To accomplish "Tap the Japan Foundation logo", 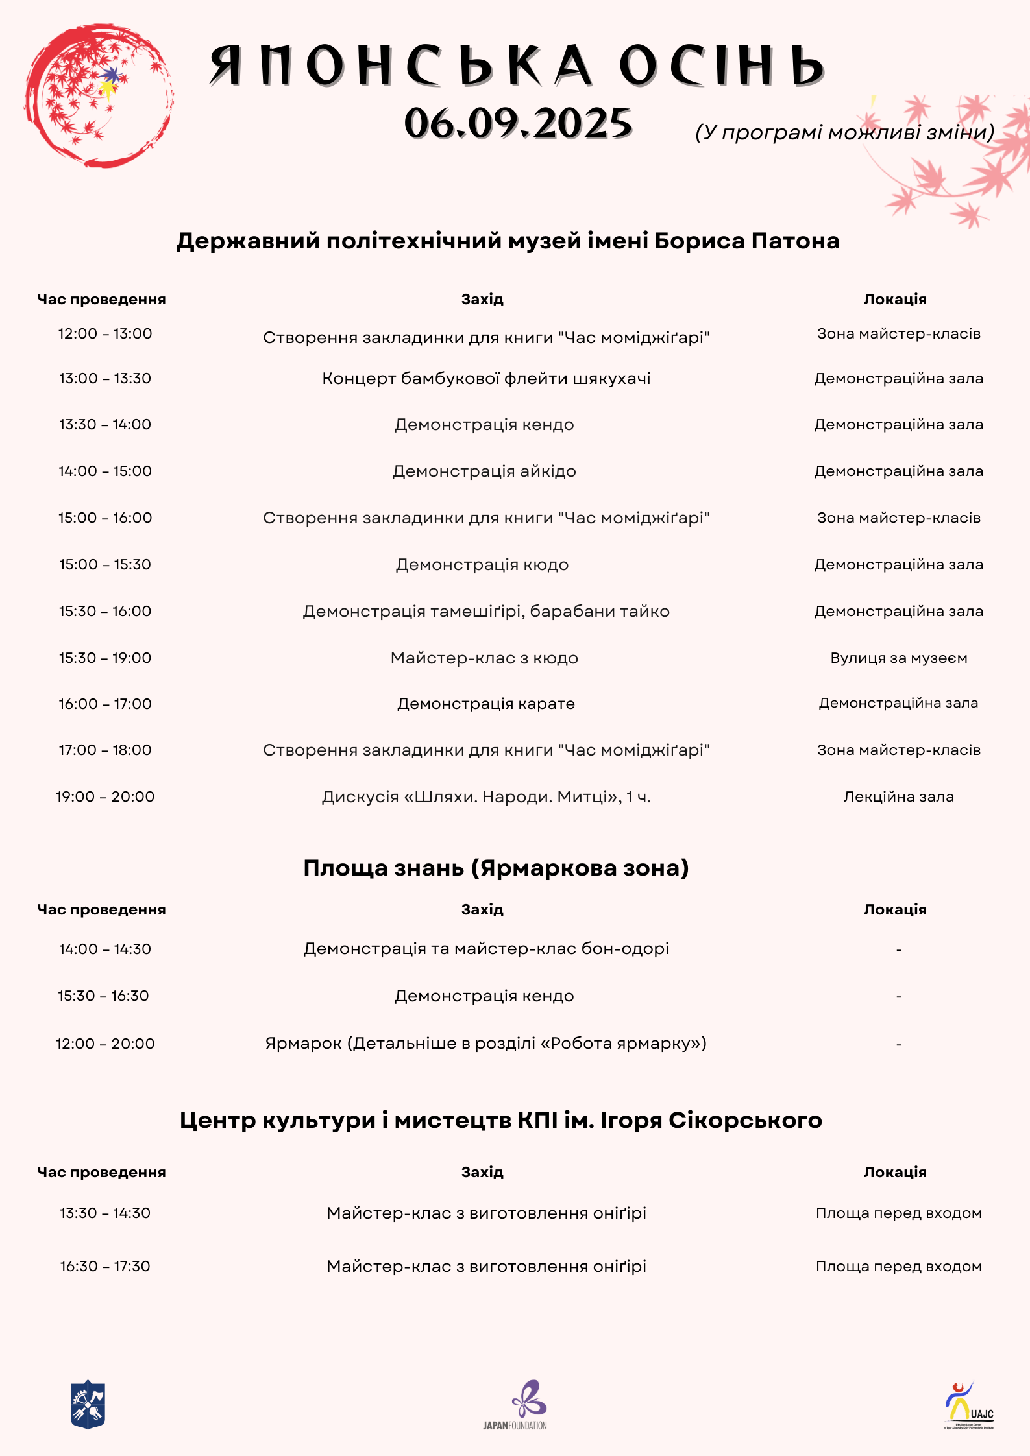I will pyautogui.click(x=516, y=1404).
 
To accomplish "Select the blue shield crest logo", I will pyautogui.click(x=88, y=1404).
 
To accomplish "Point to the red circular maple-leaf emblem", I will pyautogui.click(x=99, y=96).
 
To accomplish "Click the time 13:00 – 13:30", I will pyautogui.click(x=105, y=378).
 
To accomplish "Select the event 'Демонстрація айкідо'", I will pyautogui.click(x=484, y=471).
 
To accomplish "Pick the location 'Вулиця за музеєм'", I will pyautogui.click(x=898, y=658).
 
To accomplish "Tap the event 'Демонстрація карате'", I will pyautogui.click(x=485, y=704).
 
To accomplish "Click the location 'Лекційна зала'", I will pyautogui.click(x=898, y=796).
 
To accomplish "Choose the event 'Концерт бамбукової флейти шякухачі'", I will pyautogui.click(x=486, y=379).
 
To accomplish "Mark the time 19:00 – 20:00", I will pyautogui.click(x=105, y=796).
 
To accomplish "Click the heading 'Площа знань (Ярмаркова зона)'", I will pyautogui.click(x=496, y=868).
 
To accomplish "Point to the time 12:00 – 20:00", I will pyautogui.click(x=105, y=1044).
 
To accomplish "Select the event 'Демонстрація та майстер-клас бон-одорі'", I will pyautogui.click(x=486, y=949).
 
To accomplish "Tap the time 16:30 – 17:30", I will pyautogui.click(x=105, y=1266).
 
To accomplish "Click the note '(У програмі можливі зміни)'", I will pyautogui.click(x=844, y=132).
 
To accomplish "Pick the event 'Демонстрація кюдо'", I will pyautogui.click(x=482, y=565).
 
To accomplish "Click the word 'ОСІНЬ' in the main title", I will pyautogui.click(x=722, y=66).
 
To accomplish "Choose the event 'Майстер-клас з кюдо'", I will pyautogui.click(x=484, y=658).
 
